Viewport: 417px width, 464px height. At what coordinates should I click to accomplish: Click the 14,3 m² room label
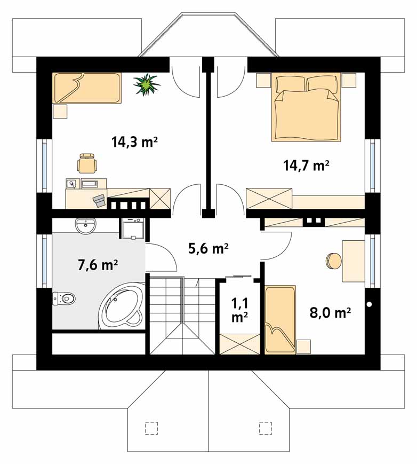134,143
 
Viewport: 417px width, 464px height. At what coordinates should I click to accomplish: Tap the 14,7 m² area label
306,166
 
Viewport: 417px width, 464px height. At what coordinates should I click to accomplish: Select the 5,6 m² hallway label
208,249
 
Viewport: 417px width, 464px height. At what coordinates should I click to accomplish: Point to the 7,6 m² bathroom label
98,265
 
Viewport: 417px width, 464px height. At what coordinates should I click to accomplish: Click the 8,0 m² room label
330,312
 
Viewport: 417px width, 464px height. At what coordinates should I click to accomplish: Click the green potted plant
146,85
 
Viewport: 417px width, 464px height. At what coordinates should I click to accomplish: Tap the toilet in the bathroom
64,298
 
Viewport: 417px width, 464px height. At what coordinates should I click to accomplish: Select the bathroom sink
86,226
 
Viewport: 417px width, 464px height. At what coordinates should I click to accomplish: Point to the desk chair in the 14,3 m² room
87,163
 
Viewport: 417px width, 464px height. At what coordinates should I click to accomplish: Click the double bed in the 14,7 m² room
306,108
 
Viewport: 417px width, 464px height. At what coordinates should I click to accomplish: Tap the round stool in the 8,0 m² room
334,261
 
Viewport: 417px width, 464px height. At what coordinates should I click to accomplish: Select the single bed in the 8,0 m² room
280,320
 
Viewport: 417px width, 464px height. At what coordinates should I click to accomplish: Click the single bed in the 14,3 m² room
87,88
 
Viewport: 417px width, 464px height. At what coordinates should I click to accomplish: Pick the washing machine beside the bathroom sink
132,228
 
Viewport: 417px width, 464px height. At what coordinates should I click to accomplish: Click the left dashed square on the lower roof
151,428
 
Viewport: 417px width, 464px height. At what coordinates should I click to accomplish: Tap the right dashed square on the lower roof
266,428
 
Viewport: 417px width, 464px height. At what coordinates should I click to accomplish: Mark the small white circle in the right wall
370,304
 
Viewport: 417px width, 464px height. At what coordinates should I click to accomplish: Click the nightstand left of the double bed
263,80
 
